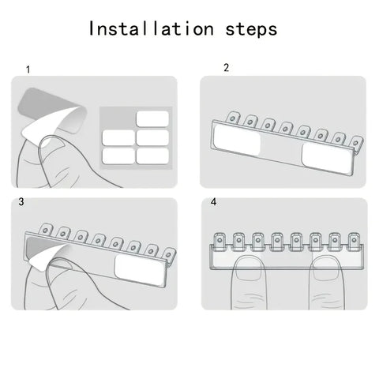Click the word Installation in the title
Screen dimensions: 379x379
150,29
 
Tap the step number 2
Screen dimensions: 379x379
226,68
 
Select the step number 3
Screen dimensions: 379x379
21,202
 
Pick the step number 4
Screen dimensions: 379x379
214,202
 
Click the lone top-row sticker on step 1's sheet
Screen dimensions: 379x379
152,119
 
